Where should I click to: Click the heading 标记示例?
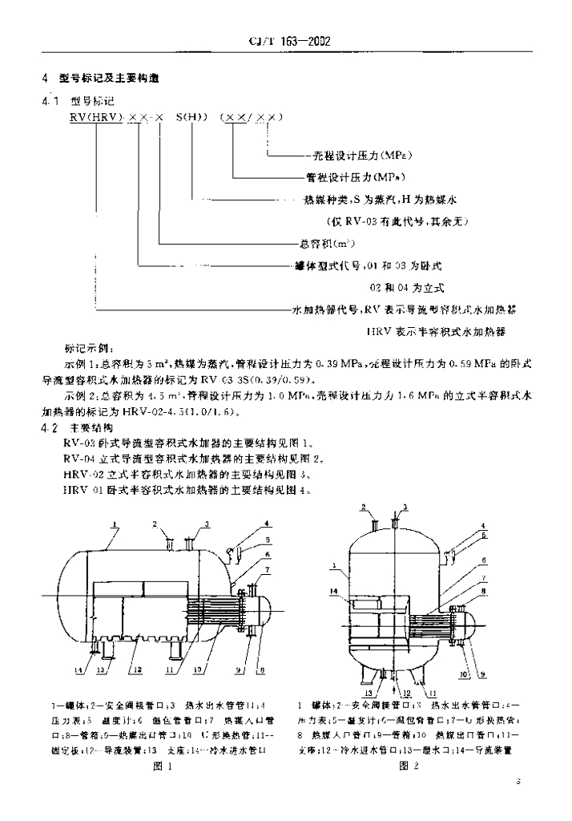coord(89,350)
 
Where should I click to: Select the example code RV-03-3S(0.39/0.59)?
coord(256,380)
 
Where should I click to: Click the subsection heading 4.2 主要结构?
coord(80,428)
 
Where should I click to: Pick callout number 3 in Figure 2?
coord(405,507)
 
